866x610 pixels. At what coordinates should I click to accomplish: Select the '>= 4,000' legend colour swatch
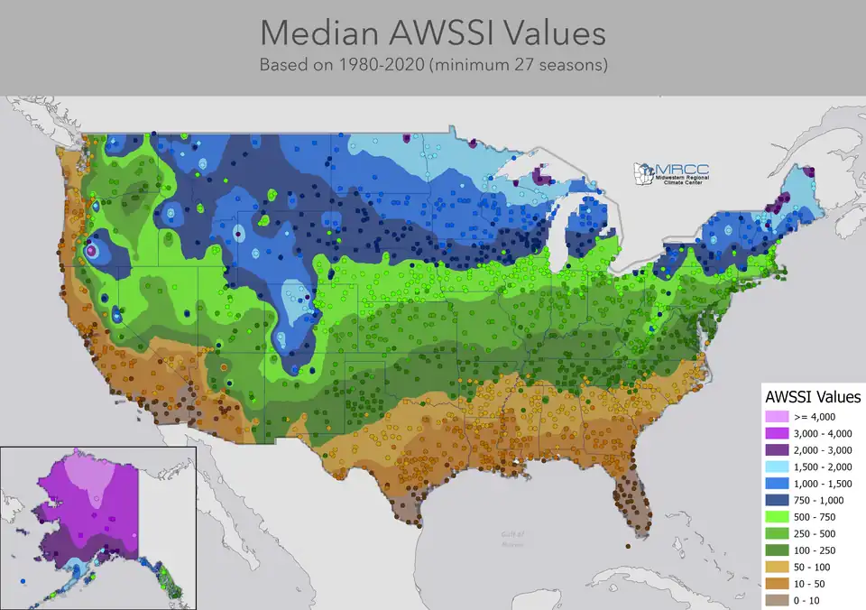(x=776, y=416)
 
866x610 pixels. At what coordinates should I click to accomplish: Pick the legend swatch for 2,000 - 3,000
(x=776, y=449)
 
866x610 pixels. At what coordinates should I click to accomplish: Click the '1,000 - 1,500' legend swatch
(x=776, y=483)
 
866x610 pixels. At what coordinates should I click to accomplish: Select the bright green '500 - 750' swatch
(x=776, y=516)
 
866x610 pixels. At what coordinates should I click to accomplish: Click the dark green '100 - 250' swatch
(x=776, y=550)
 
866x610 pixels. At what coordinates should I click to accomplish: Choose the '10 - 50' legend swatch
(x=776, y=583)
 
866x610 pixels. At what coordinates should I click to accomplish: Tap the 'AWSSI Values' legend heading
(x=812, y=396)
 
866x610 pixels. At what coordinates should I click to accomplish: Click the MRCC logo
(x=668, y=173)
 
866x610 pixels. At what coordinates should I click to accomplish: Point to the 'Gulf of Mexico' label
(x=513, y=538)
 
